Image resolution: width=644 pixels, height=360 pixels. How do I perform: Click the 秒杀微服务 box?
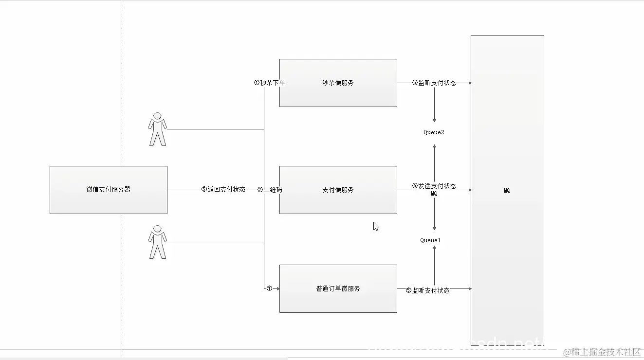click(x=338, y=83)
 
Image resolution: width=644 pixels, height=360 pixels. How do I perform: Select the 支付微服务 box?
click(x=338, y=190)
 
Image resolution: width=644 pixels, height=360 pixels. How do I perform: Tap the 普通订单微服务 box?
click(x=338, y=288)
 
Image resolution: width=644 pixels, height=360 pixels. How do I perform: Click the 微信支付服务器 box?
click(x=108, y=190)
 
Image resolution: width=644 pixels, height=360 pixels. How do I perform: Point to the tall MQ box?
click(x=507, y=191)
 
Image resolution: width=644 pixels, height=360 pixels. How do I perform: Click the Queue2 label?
click(x=434, y=132)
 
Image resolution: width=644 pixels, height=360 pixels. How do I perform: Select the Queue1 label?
click(x=430, y=240)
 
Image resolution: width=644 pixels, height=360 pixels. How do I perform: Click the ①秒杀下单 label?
click(x=269, y=83)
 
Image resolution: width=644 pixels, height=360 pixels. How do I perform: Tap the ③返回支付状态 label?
click(x=223, y=190)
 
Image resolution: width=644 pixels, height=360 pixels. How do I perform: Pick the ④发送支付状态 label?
click(x=434, y=186)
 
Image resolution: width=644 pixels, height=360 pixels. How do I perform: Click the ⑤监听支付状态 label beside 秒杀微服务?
click(x=434, y=83)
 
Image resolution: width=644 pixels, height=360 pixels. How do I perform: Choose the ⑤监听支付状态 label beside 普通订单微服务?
click(x=427, y=290)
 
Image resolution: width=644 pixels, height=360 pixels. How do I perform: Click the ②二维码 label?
click(x=270, y=190)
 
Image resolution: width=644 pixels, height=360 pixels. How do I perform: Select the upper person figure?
click(x=157, y=129)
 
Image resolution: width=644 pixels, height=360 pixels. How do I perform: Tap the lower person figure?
click(x=157, y=242)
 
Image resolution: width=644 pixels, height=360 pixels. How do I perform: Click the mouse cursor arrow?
click(x=376, y=226)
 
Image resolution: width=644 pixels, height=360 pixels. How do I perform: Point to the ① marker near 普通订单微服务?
click(x=269, y=288)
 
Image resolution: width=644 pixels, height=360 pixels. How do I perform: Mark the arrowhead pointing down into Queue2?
click(x=434, y=120)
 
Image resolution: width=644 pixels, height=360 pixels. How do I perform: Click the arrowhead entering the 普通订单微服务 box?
click(x=277, y=288)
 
